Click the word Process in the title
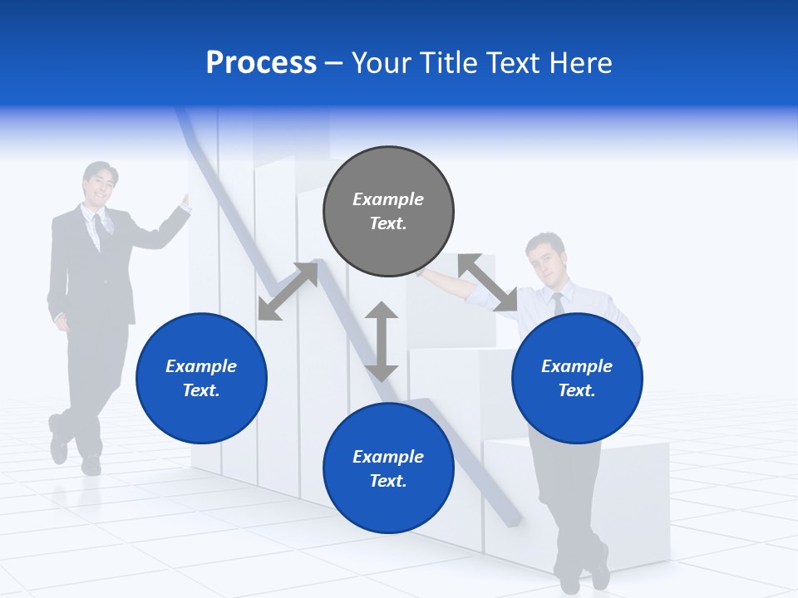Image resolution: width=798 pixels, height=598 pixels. pyautogui.click(x=261, y=63)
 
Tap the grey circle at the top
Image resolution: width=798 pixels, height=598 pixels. pyautogui.click(x=388, y=212)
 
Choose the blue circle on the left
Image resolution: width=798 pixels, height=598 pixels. pyautogui.click(x=201, y=379)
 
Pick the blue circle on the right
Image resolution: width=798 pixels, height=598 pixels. pyautogui.click(x=577, y=379)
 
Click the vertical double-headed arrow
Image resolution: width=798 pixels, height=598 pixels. pyautogui.click(x=382, y=341)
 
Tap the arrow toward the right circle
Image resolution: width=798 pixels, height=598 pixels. pyautogui.click(x=487, y=283)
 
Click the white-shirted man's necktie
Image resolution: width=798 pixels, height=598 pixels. pyautogui.click(x=559, y=303)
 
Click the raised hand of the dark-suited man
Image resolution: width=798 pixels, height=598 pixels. pyautogui.click(x=185, y=203)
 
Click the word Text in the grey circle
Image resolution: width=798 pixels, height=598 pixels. pyautogui.click(x=387, y=223)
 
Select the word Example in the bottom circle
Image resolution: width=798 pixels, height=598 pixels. pyautogui.click(x=388, y=457)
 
